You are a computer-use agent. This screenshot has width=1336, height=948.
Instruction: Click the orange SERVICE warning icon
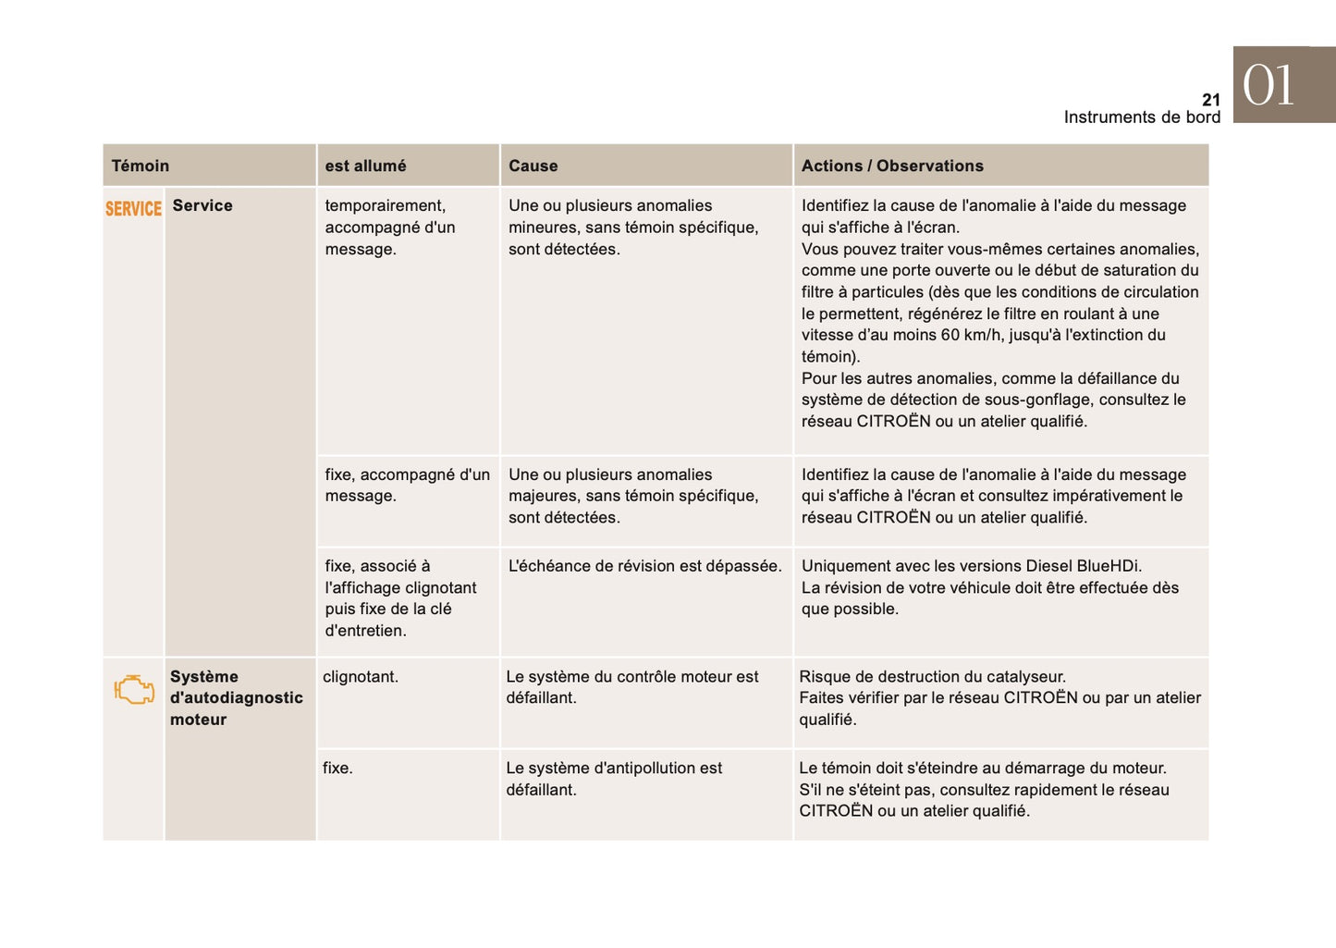pos(133,209)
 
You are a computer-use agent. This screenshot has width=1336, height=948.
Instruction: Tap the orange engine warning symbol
pos(134,690)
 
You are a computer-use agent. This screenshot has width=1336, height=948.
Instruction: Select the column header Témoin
pos(141,166)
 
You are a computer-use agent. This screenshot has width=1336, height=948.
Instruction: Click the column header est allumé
pos(365,166)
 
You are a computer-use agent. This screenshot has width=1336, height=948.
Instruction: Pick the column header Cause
pos(533,166)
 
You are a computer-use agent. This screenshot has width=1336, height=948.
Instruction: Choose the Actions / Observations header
pos(892,166)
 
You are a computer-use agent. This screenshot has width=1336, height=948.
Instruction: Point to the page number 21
pos(1210,100)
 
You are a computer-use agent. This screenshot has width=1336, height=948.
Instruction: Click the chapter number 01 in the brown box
pos(1269,86)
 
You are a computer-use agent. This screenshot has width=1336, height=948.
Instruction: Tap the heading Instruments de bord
pos(1142,117)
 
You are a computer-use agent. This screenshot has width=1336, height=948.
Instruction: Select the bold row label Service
pos(202,205)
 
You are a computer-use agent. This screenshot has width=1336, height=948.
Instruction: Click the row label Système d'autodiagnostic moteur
pos(236,698)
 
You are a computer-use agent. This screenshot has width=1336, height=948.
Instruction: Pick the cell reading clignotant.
pos(361,677)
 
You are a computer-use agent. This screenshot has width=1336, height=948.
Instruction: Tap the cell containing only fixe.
pos(337,769)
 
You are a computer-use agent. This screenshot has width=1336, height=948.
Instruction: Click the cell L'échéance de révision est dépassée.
pos(644,566)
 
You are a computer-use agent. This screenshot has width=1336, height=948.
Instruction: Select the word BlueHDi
pos(1109,566)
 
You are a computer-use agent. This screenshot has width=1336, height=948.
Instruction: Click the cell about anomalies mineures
pos(633,228)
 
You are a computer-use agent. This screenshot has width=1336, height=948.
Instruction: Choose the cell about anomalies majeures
pos(633,497)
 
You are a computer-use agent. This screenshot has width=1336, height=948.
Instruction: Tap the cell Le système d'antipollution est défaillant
pos(614,779)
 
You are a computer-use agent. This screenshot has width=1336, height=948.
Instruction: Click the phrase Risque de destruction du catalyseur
pos(932,677)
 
